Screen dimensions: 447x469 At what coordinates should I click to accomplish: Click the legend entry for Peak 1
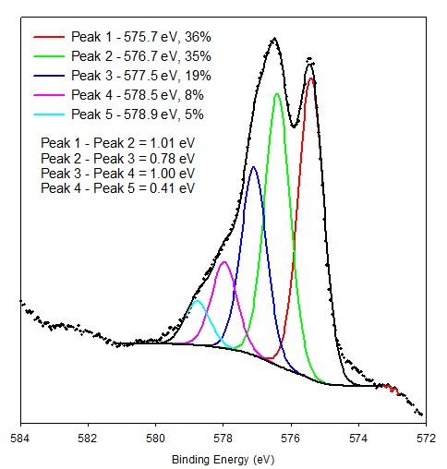coord(141,37)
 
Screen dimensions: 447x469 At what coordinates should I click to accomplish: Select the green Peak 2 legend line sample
coord(49,56)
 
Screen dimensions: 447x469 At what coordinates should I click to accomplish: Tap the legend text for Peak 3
coord(141,76)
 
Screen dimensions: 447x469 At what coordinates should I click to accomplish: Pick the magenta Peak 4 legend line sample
coord(49,95)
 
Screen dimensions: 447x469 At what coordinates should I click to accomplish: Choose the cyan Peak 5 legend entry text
coord(138,114)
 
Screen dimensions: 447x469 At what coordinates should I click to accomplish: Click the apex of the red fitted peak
coord(311,78)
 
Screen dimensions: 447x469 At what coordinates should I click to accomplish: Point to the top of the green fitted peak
coord(277,94)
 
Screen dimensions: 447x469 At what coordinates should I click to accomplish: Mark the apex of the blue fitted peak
coord(253,167)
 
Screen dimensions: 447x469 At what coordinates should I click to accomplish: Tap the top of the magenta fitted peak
coord(224,262)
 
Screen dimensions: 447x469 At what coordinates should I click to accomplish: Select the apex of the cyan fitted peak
coord(198,300)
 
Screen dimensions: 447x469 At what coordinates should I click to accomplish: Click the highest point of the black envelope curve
coord(274,39)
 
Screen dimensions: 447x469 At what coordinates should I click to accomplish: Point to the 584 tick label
coord(20,439)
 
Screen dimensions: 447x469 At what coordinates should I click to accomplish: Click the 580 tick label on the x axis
coord(155,439)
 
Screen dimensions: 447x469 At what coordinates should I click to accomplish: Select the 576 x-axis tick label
coord(291,439)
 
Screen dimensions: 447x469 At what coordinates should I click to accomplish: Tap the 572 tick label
coord(426,439)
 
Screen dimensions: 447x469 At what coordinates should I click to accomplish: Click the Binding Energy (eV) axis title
coord(223,460)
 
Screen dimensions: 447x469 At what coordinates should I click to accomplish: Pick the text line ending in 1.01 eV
coord(118,143)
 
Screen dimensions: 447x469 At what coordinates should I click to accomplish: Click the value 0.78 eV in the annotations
coord(173,159)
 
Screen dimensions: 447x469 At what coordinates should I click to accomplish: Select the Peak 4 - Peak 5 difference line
coord(118,188)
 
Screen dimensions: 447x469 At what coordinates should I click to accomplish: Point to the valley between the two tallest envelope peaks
coord(294,126)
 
